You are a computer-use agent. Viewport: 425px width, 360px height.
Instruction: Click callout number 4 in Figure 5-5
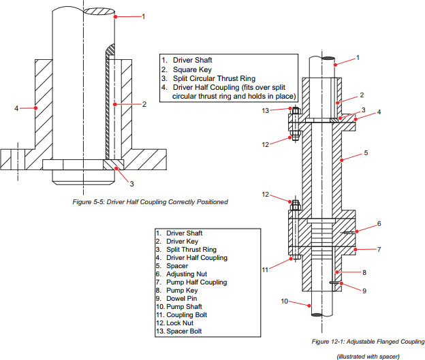(x=16, y=107)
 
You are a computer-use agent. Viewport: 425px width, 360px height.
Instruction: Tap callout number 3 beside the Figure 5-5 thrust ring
(x=131, y=183)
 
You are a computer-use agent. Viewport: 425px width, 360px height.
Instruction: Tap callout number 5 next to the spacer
(x=366, y=153)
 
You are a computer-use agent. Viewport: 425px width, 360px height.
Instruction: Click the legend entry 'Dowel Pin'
(x=179, y=297)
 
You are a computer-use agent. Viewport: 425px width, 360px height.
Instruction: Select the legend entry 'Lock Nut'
(x=179, y=323)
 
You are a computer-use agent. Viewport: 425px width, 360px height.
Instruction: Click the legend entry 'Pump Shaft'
(x=182, y=306)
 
